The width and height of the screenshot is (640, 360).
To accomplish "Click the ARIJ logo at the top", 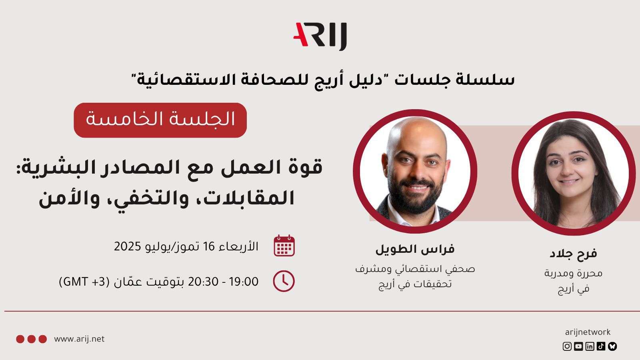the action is (x=320, y=36).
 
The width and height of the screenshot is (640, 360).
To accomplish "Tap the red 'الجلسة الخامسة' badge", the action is (x=160, y=120).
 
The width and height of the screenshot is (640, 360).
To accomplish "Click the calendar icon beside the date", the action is (x=284, y=246).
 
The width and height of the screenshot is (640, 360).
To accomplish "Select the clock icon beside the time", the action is (x=284, y=281).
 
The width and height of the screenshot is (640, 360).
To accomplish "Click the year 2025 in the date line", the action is (x=128, y=246).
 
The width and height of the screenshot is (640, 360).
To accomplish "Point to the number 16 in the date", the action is (x=208, y=246).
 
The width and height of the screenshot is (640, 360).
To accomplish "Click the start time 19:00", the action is (x=244, y=282).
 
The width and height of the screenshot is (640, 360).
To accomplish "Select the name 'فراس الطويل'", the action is (x=415, y=249).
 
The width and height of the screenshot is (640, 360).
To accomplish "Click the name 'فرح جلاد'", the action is (x=573, y=254).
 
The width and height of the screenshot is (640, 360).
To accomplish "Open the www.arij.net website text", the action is (x=79, y=339).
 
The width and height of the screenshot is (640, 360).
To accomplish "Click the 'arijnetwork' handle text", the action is (x=588, y=332).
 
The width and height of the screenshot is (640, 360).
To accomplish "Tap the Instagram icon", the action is (x=567, y=346).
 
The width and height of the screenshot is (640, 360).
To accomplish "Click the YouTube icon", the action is (x=578, y=346).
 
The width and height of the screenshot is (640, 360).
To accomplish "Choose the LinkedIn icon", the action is (x=590, y=346).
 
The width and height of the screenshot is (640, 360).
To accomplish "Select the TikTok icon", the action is (x=601, y=346).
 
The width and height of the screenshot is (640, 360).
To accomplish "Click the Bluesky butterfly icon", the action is (x=612, y=346).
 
